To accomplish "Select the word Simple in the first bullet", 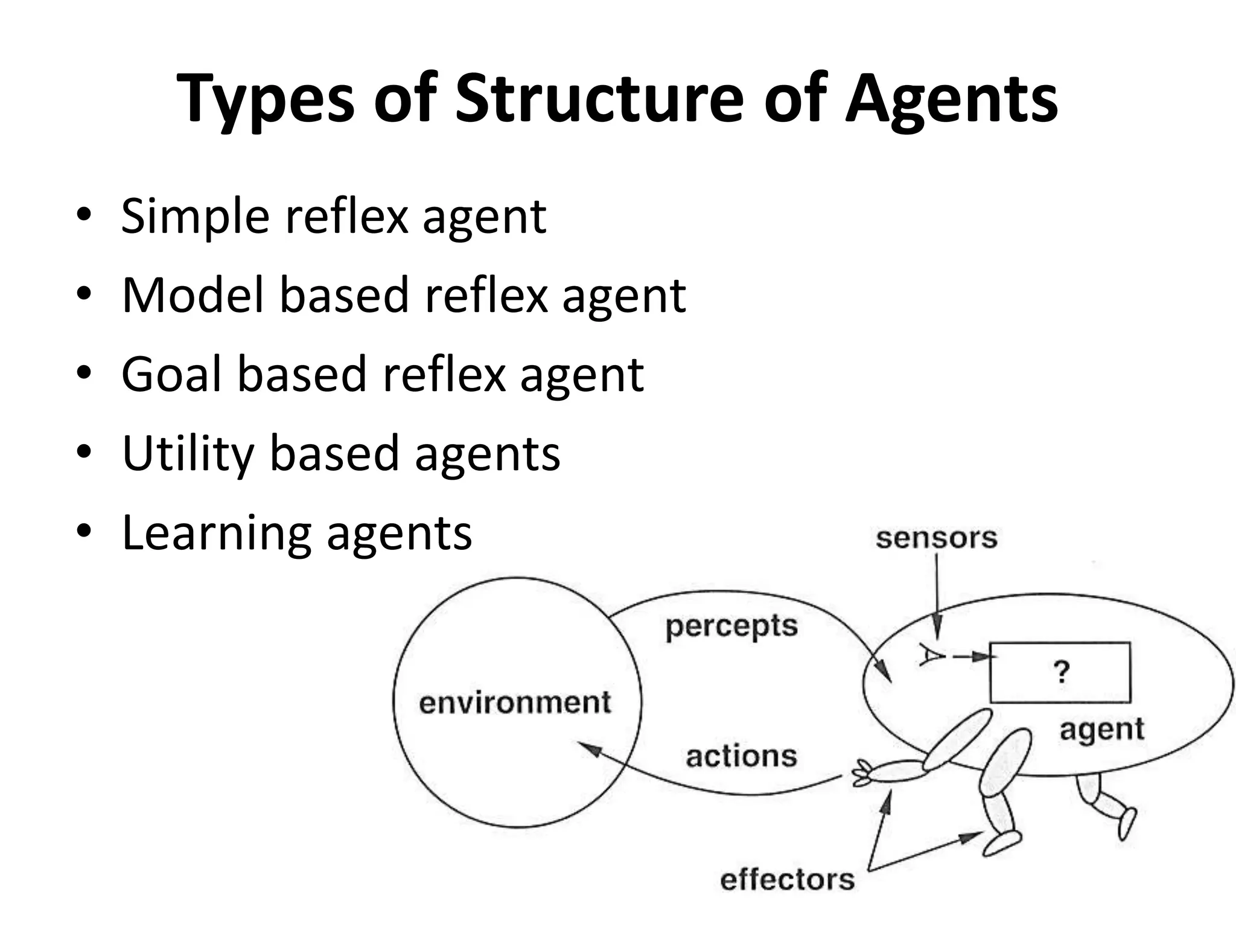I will coord(195,217).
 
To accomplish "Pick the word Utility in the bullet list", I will coord(187,454).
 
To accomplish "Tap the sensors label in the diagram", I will coord(936,538).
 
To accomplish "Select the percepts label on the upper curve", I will coord(731,627).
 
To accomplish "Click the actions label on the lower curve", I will coord(742,756).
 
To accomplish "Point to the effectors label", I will coord(788,880).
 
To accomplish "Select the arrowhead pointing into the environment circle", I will coord(589,748).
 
